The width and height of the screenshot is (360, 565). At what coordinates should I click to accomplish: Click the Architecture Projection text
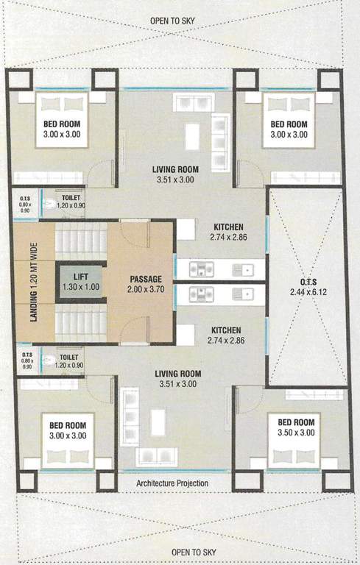click(x=172, y=483)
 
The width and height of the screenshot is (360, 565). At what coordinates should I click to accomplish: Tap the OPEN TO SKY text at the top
click(x=179, y=21)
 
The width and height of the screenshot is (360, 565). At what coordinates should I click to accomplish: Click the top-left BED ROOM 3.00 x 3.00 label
click(x=60, y=128)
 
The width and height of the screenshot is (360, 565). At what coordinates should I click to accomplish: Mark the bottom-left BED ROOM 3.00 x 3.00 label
click(x=68, y=430)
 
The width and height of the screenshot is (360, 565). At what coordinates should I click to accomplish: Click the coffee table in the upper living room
click(x=192, y=135)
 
